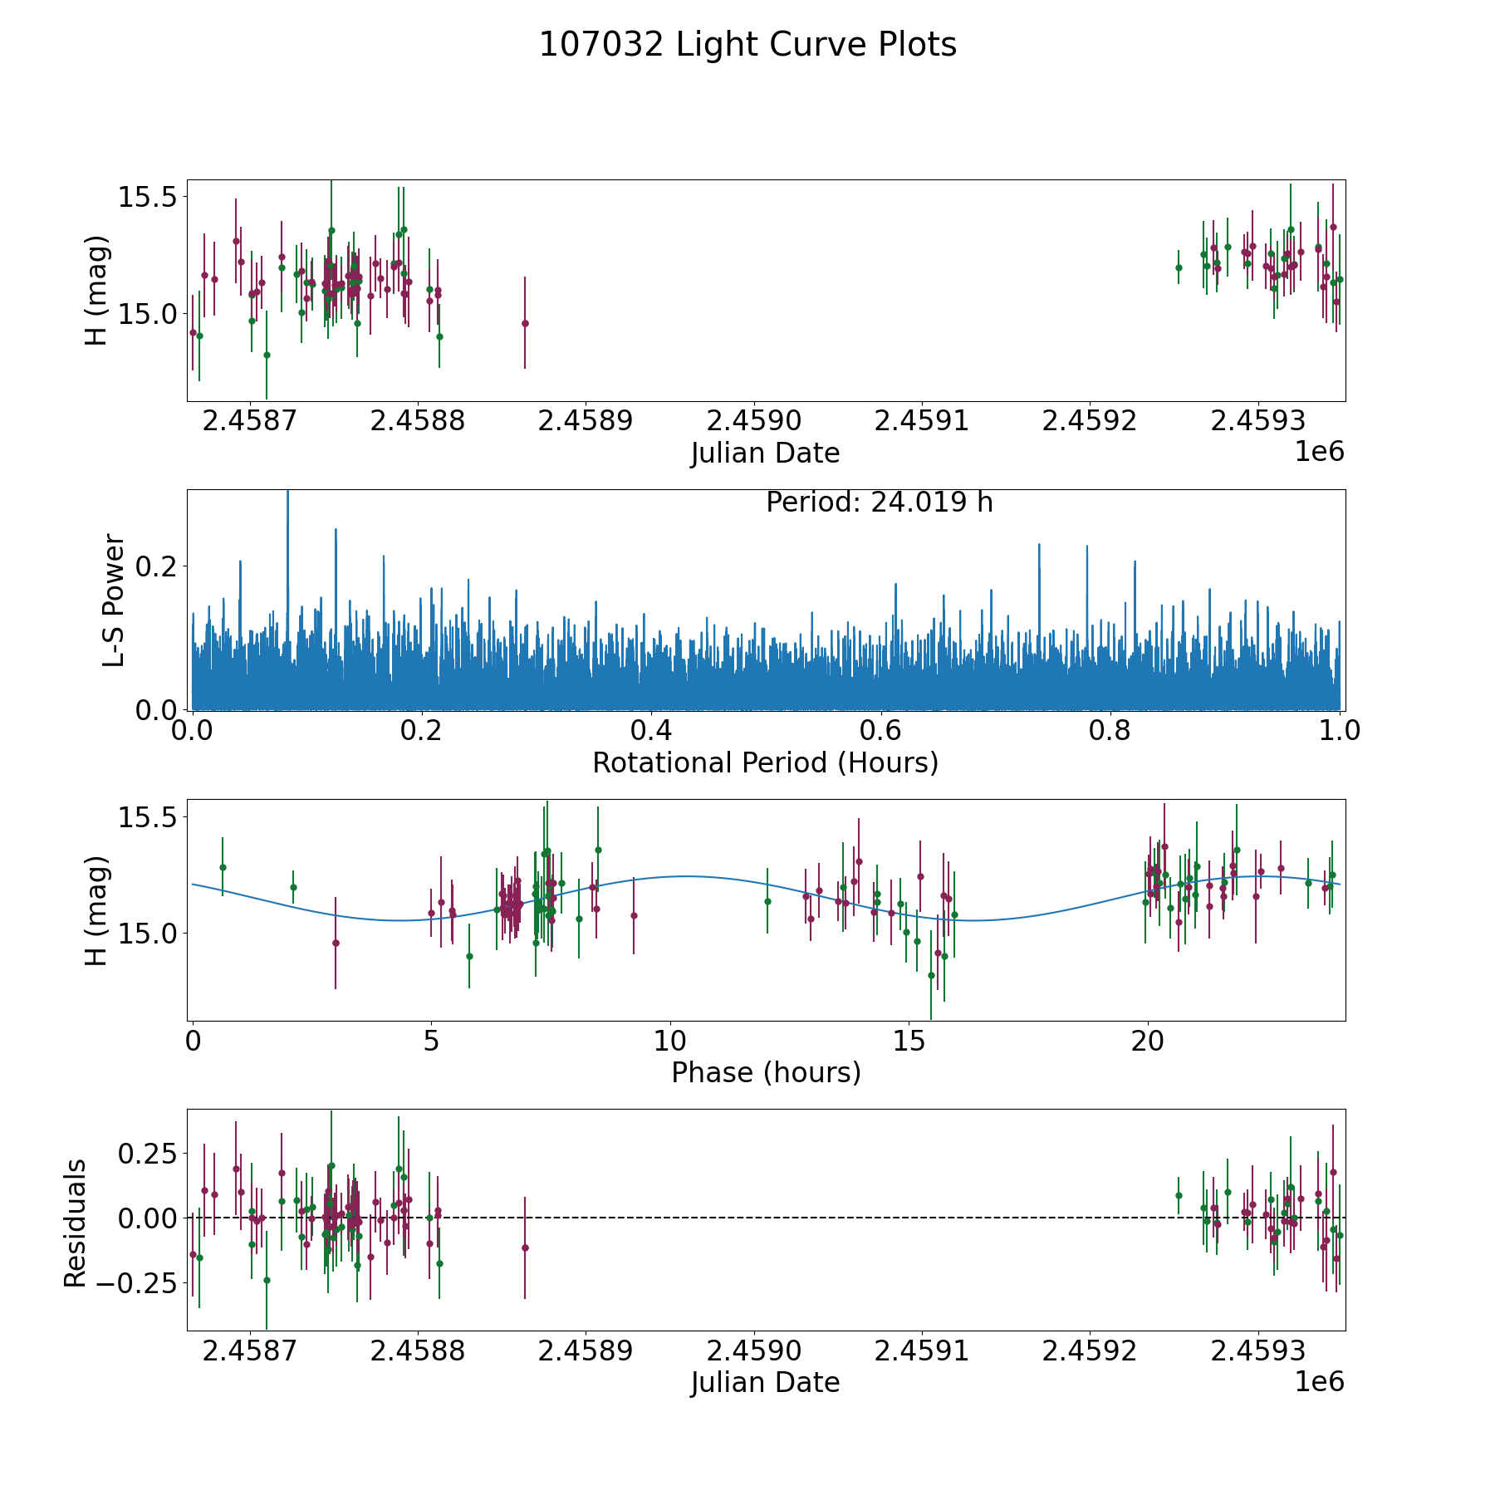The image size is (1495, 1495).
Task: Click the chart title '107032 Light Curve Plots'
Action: coord(747,45)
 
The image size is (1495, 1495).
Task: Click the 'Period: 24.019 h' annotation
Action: coord(879,502)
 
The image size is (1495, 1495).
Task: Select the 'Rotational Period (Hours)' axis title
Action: coord(765,762)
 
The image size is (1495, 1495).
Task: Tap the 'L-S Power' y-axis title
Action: coord(114,600)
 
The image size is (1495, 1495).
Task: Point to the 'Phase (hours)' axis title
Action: coord(765,1072)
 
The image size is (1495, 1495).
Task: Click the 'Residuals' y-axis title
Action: coord(75,1223)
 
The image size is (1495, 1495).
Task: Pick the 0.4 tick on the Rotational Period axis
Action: coord(651,731)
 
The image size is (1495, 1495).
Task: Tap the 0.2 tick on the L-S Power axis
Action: coord(158,566)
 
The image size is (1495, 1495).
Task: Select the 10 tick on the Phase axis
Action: coord(669,1042)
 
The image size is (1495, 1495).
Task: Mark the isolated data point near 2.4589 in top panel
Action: coord(525,323)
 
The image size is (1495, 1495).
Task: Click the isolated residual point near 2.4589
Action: coord(525,1247)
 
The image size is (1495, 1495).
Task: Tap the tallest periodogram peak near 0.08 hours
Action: coord(287,495)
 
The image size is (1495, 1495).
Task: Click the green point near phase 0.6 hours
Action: coord(223,867)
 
